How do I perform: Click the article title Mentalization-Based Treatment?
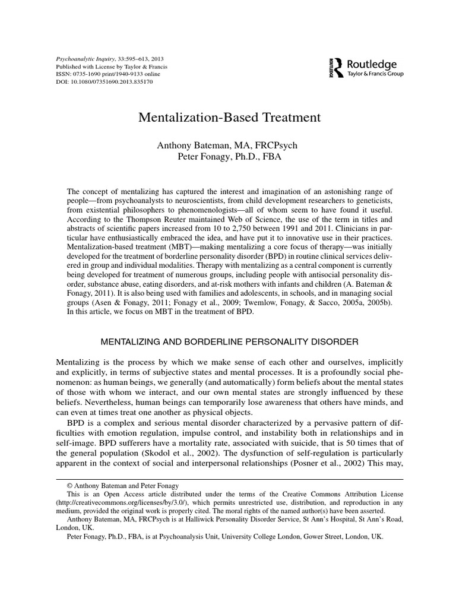click(x=229, y=118)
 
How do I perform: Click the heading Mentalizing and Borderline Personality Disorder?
click(x=229, y=343)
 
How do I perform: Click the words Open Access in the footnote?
click(x=119, y=494)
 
